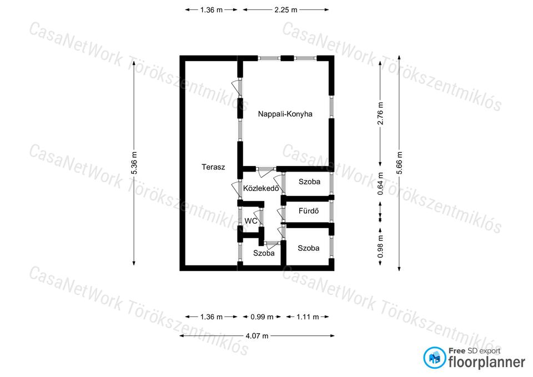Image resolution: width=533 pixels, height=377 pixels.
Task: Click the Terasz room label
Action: (x=213, y=167)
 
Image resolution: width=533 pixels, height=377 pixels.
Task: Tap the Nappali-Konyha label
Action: (x=285, y=114)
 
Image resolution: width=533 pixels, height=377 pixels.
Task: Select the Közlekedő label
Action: (x=261, y=188)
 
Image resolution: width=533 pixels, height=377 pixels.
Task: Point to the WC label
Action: (x=251, y=221)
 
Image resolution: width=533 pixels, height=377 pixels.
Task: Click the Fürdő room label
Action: (x=309, y=211)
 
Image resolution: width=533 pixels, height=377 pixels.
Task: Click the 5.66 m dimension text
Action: (x=399, y=163)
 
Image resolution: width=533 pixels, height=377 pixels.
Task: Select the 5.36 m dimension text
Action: (x=134, y=163)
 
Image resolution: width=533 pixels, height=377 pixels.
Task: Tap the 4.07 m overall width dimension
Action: (x=257, y=336)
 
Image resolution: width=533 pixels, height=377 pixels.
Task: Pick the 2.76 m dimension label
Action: (x=380, y=113)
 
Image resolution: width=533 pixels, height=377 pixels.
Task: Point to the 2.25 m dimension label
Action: (x=286, y=10)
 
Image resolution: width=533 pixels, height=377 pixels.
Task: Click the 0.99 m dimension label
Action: (x=262, y=317)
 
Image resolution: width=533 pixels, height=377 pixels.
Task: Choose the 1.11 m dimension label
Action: (x=308, y=317)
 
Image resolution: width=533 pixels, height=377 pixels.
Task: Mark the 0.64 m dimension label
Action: (x=380, y=184)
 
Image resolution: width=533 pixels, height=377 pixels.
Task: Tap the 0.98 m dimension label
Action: (x=380, y=247)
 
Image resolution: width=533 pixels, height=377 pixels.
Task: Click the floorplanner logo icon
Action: (x=434, y=358)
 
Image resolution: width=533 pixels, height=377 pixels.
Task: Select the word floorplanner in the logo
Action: (x=487, y=362)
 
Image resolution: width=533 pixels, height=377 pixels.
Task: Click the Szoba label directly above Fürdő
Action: (x=309, y=182)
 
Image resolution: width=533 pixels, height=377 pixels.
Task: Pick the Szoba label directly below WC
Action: (x=264, y=253)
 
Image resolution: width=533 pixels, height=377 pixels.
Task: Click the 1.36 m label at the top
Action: (x=211, y=10)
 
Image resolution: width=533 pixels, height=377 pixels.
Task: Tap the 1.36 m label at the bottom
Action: (x=211, y=317)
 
